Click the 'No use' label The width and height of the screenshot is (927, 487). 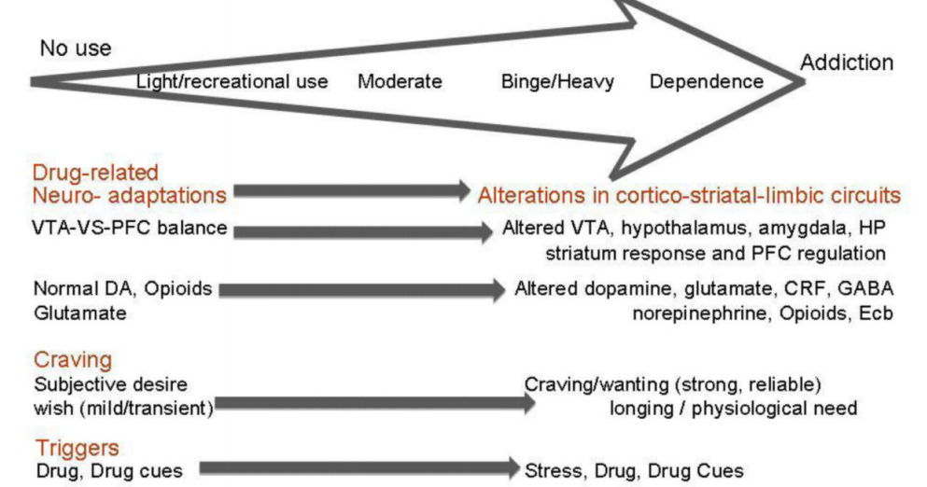coord(75,49)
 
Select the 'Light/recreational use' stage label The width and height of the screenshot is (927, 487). coord(232,82)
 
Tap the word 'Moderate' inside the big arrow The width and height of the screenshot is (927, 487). coord(400,82)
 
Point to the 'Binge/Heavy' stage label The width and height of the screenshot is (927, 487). coord(557,82)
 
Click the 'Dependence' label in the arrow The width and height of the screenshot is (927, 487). coord(706,82)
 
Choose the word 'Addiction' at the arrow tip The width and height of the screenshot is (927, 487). coord(846,63)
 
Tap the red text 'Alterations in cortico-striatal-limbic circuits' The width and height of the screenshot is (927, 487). coord(689,196)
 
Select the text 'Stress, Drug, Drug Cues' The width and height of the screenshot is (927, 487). coord(635,470)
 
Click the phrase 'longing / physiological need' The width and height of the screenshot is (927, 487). coord(733,407)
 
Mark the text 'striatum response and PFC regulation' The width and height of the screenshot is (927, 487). coord(716,253)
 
